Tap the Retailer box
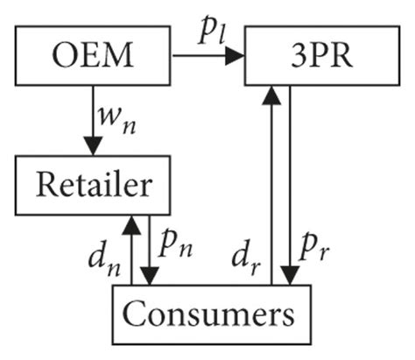(92, 185)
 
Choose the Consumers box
(206, 313)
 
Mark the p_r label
(317, 251)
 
